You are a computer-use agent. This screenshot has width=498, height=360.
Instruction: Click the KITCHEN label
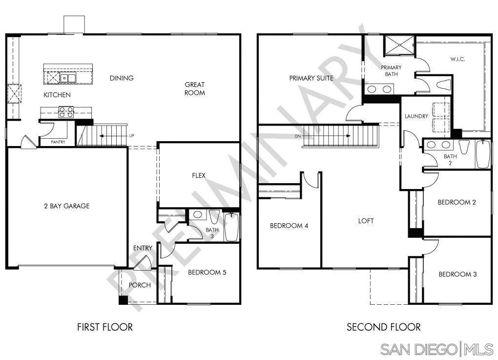57,95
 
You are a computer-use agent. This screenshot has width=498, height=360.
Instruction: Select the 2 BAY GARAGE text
66,206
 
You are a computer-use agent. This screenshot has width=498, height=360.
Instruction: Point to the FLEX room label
198,175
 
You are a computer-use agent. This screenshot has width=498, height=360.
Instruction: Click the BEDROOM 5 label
207,273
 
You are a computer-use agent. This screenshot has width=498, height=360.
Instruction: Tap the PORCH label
140,285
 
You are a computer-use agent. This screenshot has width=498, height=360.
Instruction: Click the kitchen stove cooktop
66,112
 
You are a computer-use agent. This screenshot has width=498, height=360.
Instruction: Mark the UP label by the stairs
131,135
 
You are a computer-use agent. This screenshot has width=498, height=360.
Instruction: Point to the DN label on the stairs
298,136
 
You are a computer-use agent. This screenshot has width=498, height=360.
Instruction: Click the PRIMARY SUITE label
311,78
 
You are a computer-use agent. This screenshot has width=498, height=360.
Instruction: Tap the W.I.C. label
457,59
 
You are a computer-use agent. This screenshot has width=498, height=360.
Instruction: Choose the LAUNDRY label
416,116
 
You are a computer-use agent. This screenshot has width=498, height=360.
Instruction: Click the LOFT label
366,221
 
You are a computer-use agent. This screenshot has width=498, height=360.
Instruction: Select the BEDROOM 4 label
289,226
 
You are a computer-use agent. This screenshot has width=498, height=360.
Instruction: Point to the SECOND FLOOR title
383,327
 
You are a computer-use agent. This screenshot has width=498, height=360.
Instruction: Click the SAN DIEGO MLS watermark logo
438,349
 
